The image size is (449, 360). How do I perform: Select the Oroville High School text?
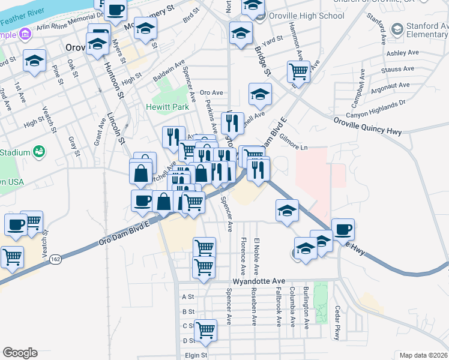[x=298, y=16]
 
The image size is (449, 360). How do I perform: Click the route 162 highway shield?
[x=56, y=259]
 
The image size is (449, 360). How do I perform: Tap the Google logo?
[x=20, y=353]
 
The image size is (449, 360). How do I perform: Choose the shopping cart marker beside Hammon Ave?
[x=298, y=72]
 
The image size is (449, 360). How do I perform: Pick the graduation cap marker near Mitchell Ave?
[x=260, y=94]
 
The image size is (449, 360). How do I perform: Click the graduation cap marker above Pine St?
[x=35, y=61]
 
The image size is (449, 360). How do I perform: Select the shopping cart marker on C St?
[x=205, y=329]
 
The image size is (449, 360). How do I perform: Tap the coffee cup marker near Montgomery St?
[x=116, y=10]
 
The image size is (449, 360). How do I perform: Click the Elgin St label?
[x=196, y=355]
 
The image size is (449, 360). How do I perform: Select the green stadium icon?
[x=40, y=151]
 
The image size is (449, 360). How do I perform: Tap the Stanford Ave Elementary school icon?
[x=397, y=28]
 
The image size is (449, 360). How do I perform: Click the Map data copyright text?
[x=424, y=355]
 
